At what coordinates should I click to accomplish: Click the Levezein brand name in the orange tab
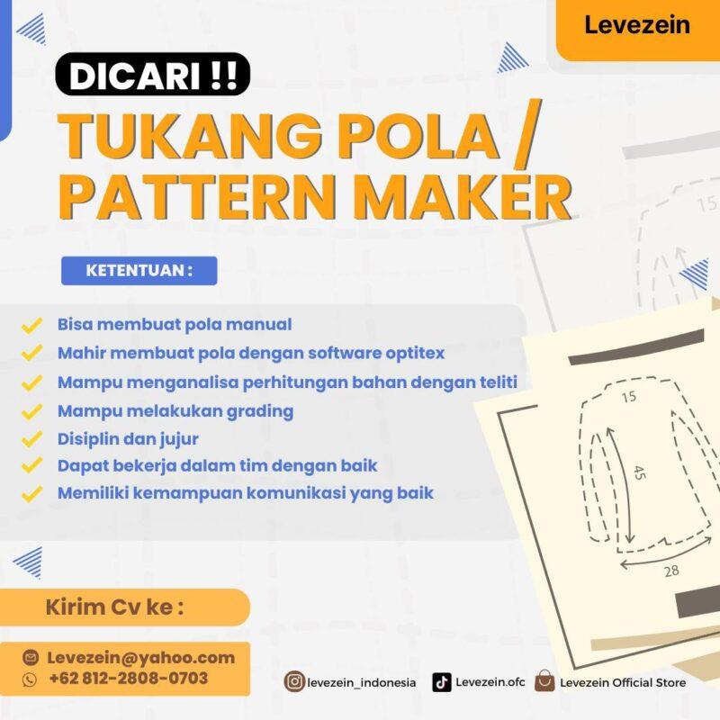coord(636,25)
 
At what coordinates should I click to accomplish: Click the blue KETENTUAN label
coord(139,271)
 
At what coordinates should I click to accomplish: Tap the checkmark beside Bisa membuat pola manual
coord(32,324)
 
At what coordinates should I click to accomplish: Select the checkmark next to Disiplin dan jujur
coord(32,440)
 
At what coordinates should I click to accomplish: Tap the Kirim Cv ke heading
coord(114,607)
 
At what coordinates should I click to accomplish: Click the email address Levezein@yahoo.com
coord(140,657)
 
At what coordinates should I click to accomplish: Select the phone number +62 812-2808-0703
coord(128,679)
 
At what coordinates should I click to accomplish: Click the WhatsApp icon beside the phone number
coord(30,679)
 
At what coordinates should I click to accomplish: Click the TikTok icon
coord(442,682)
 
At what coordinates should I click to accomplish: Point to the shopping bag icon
coord(544,681)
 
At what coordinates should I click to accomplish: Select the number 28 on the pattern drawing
coord(670,571)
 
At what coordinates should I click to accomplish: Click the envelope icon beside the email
coord(30,658)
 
